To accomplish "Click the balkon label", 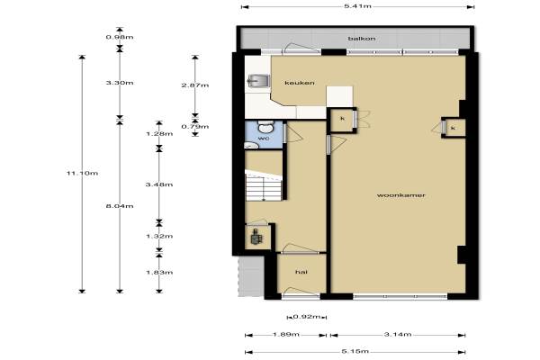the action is [x=362, y=39].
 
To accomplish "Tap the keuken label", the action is [x=300, y=83].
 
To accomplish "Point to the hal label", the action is [x=301, y=272].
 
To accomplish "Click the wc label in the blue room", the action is [x=264, y=138].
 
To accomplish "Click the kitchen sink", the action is [x=258, y=81].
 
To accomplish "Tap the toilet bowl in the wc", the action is [x=265, y=127].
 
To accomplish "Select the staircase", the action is [x=264, y=185].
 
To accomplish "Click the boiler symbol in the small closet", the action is [x=256, y=237].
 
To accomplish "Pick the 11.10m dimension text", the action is [x=82, y=173].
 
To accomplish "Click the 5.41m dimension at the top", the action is [x=358, y=6].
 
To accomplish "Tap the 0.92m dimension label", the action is [x=307, y=317].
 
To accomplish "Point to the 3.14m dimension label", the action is [x=398, y=334].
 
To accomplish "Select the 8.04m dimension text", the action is [x=120, y=206].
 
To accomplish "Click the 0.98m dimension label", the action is [x=120, y=37].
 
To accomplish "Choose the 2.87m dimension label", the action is [x=195, y=85].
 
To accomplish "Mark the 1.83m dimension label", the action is [x=159, y=272].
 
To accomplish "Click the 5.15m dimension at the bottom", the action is [x=355, y=351].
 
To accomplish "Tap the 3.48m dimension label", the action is [x=159, y=184].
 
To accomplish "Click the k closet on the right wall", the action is [x=454, y=128].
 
